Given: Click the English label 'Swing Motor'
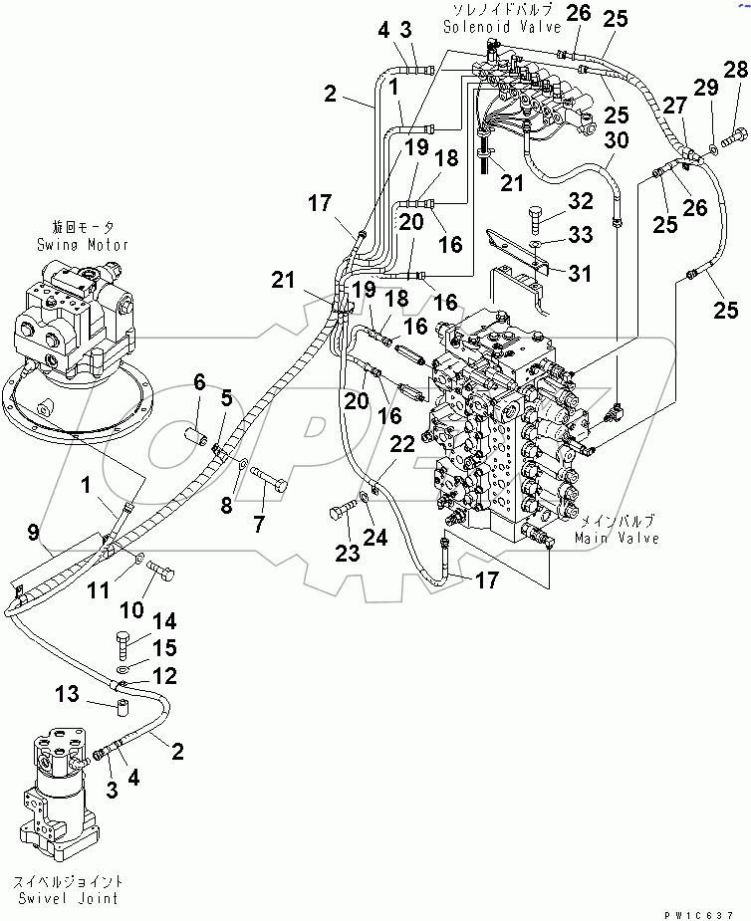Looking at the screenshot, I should (83, 244).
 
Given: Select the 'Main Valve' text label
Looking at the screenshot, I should (617, 538).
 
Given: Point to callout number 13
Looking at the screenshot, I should (65, 693).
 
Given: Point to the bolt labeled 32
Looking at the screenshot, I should (534, 216).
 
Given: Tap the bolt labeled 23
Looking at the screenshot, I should (340, 514).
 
